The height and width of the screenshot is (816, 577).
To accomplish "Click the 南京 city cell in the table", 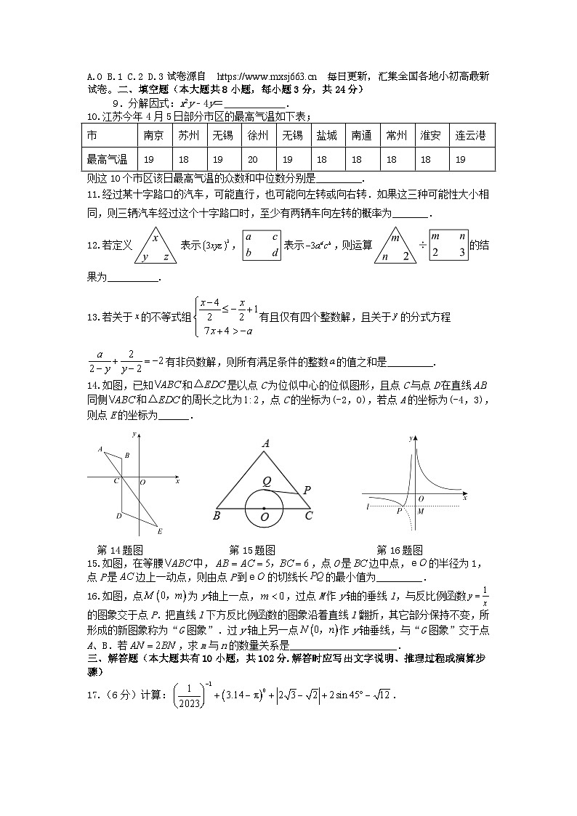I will click(x=153, y=136).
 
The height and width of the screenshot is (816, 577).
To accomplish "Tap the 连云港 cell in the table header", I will click(x=469, y=136).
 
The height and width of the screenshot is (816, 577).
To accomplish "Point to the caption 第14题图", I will click(x=119, y=550).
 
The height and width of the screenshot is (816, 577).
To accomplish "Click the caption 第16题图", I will click(x=399, y=550).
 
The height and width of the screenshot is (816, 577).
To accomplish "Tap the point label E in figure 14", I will click(x=160, y=531).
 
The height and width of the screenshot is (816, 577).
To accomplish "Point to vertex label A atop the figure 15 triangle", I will click(x=266, y=443).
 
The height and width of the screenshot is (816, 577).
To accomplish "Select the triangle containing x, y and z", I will click(x=155, y=246).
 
